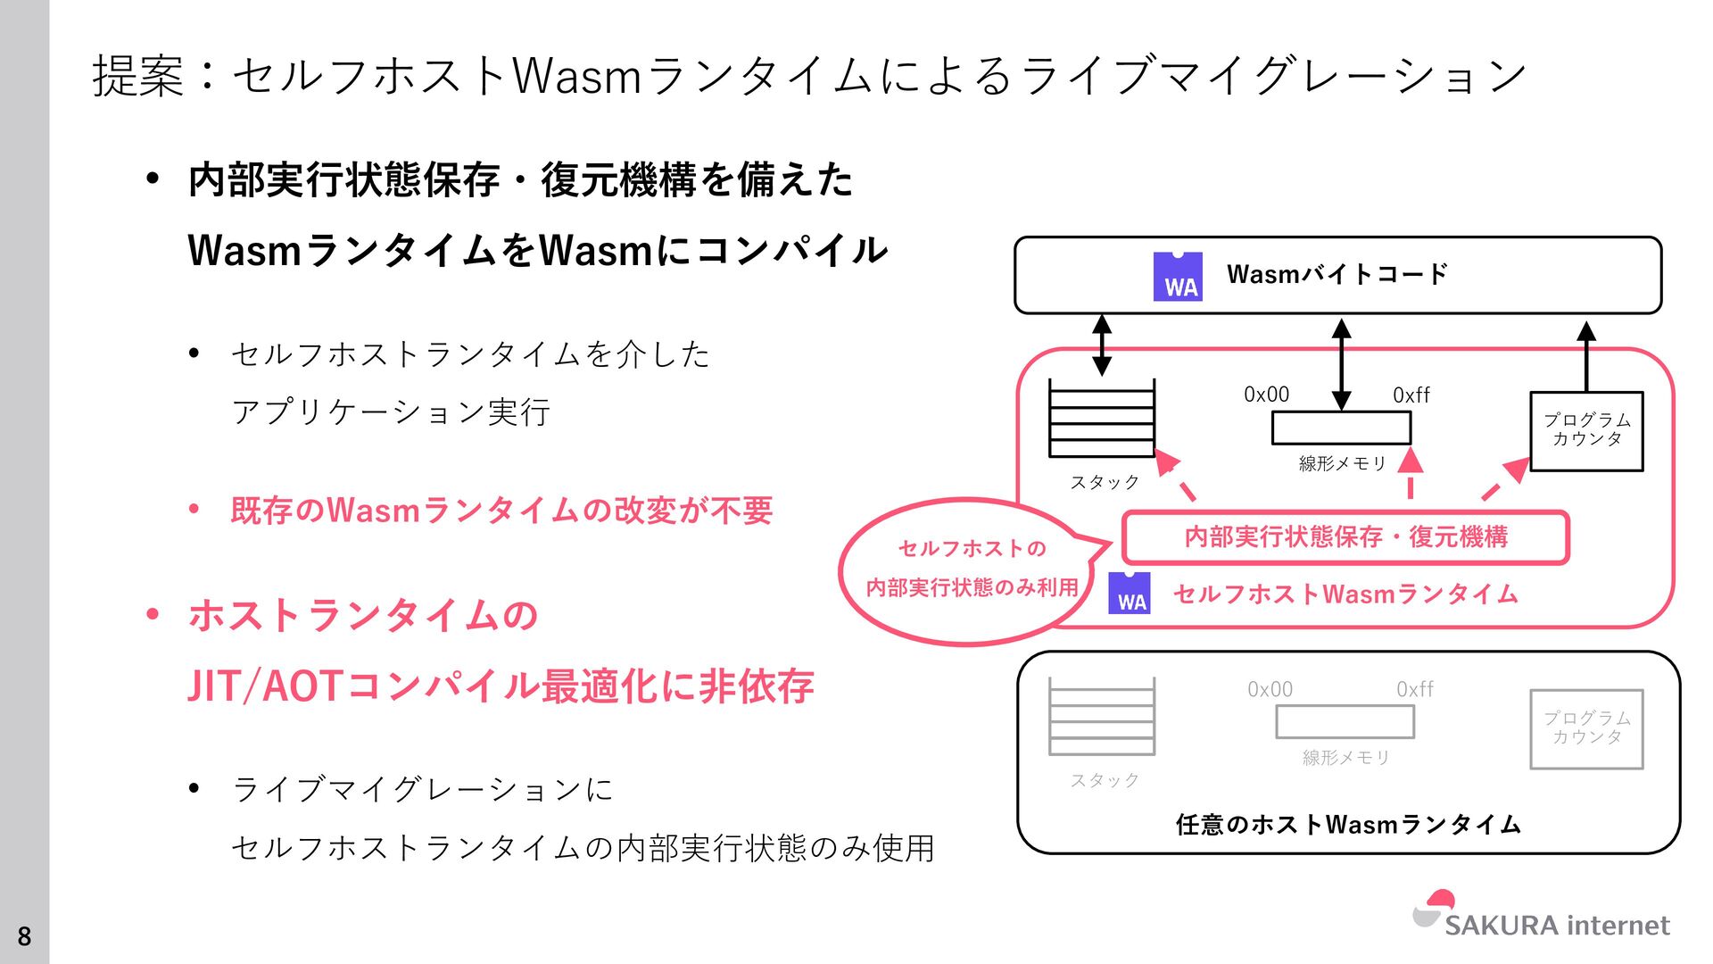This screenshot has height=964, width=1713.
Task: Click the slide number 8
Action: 24,936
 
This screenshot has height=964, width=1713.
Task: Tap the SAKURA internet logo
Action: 1542,916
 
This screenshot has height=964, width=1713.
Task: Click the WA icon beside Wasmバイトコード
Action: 1178,277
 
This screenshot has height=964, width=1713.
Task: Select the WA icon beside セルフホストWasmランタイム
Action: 1130,594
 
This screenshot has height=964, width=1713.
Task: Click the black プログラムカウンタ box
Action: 1586,431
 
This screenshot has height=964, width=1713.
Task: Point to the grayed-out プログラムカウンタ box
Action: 1586,728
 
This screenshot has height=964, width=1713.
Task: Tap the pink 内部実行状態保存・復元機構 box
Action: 1345,537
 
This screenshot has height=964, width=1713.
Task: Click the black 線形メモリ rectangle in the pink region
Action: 1341,428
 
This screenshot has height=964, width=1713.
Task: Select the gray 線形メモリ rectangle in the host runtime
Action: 1345,722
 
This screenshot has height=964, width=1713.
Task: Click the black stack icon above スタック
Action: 1102,419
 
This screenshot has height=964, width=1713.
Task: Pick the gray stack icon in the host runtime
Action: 1102,717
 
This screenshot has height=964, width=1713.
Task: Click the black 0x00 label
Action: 1266,395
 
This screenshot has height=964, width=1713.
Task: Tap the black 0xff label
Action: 1411,395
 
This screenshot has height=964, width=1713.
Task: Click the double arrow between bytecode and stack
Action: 1102,345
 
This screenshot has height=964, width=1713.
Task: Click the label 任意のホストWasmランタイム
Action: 1348,824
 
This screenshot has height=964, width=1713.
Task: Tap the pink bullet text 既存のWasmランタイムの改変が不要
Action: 501,511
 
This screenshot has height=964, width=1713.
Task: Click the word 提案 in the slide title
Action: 137,75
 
